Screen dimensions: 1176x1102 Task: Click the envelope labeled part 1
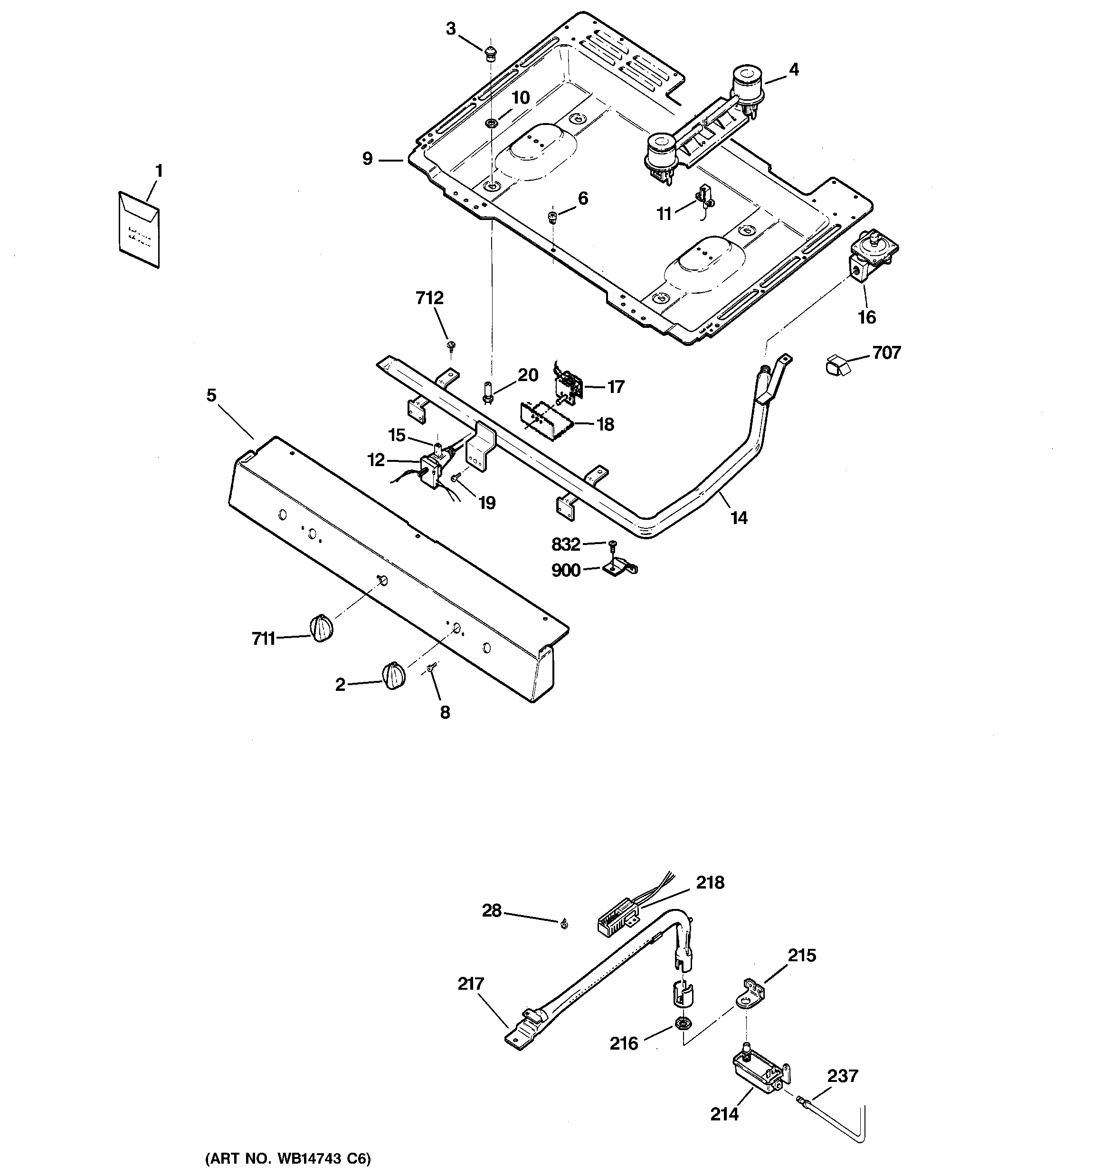(x=140, y=229)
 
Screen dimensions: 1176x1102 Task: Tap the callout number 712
(x=429, y=298)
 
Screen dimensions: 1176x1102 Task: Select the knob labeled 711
(x=321, y=628)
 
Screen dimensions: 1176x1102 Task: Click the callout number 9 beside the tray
(x=367, y=159)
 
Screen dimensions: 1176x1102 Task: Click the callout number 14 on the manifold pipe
(x=739, y=518)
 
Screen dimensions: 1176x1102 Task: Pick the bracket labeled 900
(x=619, y=568)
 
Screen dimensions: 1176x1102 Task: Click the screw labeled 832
(x=613, y=544)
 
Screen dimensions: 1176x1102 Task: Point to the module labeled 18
(x=545, y=420)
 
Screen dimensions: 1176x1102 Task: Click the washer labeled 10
(x=491, y=123)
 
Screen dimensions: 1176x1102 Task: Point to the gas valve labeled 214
(x=758, y=1071)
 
